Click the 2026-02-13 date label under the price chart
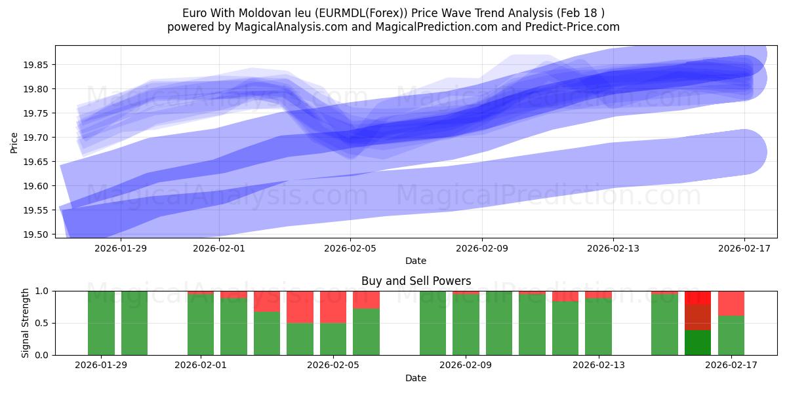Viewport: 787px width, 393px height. click(613, 248)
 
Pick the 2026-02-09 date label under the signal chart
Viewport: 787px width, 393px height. click(466, 365)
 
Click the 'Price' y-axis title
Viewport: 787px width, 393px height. click(14, 142)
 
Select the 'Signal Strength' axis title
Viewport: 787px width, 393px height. click(26, 323)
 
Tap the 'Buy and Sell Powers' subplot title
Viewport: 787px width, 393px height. click(416, 281)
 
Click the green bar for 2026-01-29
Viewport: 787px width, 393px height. click(101, 323)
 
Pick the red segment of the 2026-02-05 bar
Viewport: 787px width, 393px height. click(333, 307)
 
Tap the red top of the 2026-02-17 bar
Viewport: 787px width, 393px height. click(731, 303)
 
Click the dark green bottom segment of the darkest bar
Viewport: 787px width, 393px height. click(698, 343)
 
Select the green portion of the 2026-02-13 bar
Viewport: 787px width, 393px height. click(598, 327)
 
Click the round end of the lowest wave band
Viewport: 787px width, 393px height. click(744, 153)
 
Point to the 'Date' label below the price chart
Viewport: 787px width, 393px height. click(416, 261)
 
